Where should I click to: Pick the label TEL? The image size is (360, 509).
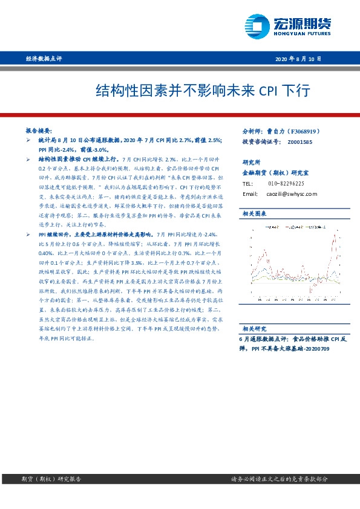pyautogui.click(x=247, y=183)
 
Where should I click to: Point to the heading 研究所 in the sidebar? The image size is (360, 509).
pyautogui.click(x=251, y=163)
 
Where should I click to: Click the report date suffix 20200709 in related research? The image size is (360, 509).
pyautogui.click(x=316, y=349)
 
